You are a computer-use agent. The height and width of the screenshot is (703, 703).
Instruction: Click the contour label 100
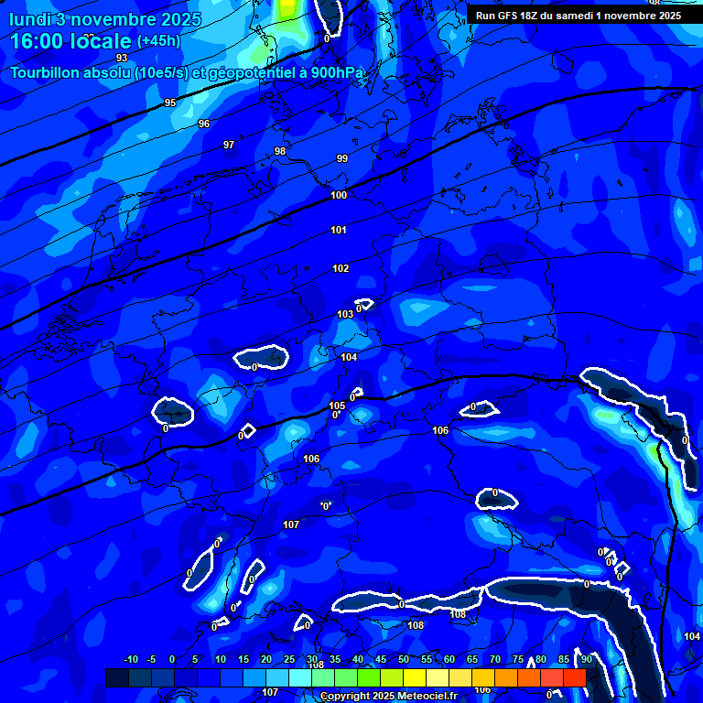pyautogui.click(x=339, y=195)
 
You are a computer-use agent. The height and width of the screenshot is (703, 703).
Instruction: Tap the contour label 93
pyautogui.click(x=122, y=58)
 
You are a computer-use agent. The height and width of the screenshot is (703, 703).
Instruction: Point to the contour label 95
pyautogui.click(x=170, y=103)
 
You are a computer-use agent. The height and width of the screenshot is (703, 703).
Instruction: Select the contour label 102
pyautogui.click(x=341, y=268)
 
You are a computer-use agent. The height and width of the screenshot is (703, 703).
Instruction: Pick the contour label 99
pyautogui.click(x=342, y=158)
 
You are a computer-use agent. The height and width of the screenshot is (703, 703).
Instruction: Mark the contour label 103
pyautogui.click(x=345, y=314)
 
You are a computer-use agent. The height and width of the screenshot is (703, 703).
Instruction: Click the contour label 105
pyautogui.click(x=337, y=406)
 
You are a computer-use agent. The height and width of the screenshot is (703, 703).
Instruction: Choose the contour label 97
pyautogui.click(x=229, y=145)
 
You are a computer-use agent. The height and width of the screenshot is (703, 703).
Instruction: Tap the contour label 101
pyautogui.click(x=339, y=230)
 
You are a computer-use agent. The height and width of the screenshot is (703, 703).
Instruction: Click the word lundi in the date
pyautogui.click(x=34, y=19)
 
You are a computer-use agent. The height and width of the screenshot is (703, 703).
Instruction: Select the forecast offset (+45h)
pyautogui.click(x=158, y=41)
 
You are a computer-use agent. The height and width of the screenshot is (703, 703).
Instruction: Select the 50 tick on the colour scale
pyautogui.click(x=404, y=659)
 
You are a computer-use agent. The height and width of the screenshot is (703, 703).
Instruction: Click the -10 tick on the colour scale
pyautogui.click(x=130, y=659)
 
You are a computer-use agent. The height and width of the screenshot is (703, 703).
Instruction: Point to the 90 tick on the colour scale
pyautogui.click(x=586, y=659)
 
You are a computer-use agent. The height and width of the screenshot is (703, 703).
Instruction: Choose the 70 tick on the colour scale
pyautogui.click(x=495, y=659)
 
